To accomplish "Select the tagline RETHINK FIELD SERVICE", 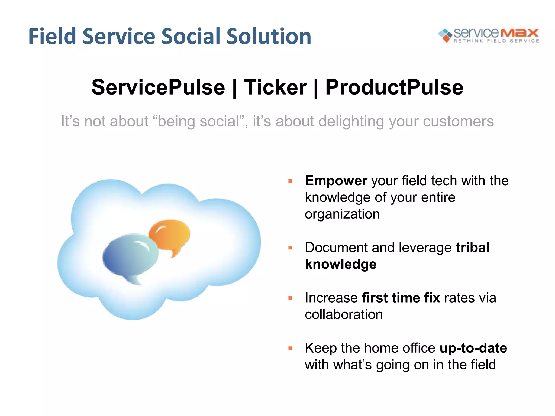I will [496, 41].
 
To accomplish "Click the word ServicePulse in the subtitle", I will [158, 87].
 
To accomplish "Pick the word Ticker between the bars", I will [275, 87].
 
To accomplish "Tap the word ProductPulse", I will [394, 87].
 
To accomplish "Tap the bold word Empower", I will [336, 181].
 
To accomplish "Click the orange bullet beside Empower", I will [290, 181].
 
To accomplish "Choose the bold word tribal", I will [472, 248].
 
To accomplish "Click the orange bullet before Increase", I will [290, 298].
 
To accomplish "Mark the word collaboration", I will [344, 315].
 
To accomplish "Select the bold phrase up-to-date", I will [473, 348].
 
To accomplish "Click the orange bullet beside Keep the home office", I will [290, 348].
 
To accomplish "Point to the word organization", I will [342, 214].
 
